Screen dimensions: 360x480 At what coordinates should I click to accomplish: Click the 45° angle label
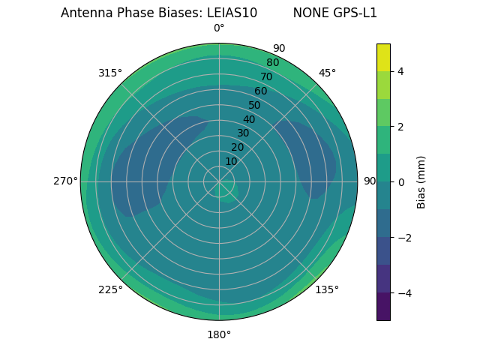327,73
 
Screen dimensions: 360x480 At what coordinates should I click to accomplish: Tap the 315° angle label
110,73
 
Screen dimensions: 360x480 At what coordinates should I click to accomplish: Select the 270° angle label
65,181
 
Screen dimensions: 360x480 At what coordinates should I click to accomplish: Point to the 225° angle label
110,289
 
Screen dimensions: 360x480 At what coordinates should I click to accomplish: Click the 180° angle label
219,334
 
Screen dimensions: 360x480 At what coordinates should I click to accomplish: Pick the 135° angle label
327,289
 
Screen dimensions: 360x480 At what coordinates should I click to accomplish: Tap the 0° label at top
219,28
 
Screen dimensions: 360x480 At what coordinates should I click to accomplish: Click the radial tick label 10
231,161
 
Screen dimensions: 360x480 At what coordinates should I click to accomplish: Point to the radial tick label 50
254,105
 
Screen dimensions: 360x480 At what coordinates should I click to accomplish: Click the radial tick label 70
266,77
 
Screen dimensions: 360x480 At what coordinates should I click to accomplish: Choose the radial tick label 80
272,63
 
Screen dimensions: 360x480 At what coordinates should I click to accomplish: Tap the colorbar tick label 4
400,71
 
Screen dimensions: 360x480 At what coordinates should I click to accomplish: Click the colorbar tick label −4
402,292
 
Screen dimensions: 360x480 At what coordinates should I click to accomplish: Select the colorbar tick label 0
400,181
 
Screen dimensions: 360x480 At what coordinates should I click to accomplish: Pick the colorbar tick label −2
402,237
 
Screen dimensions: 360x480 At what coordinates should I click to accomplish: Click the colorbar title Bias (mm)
421,181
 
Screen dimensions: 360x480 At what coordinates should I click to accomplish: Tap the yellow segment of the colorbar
383,58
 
